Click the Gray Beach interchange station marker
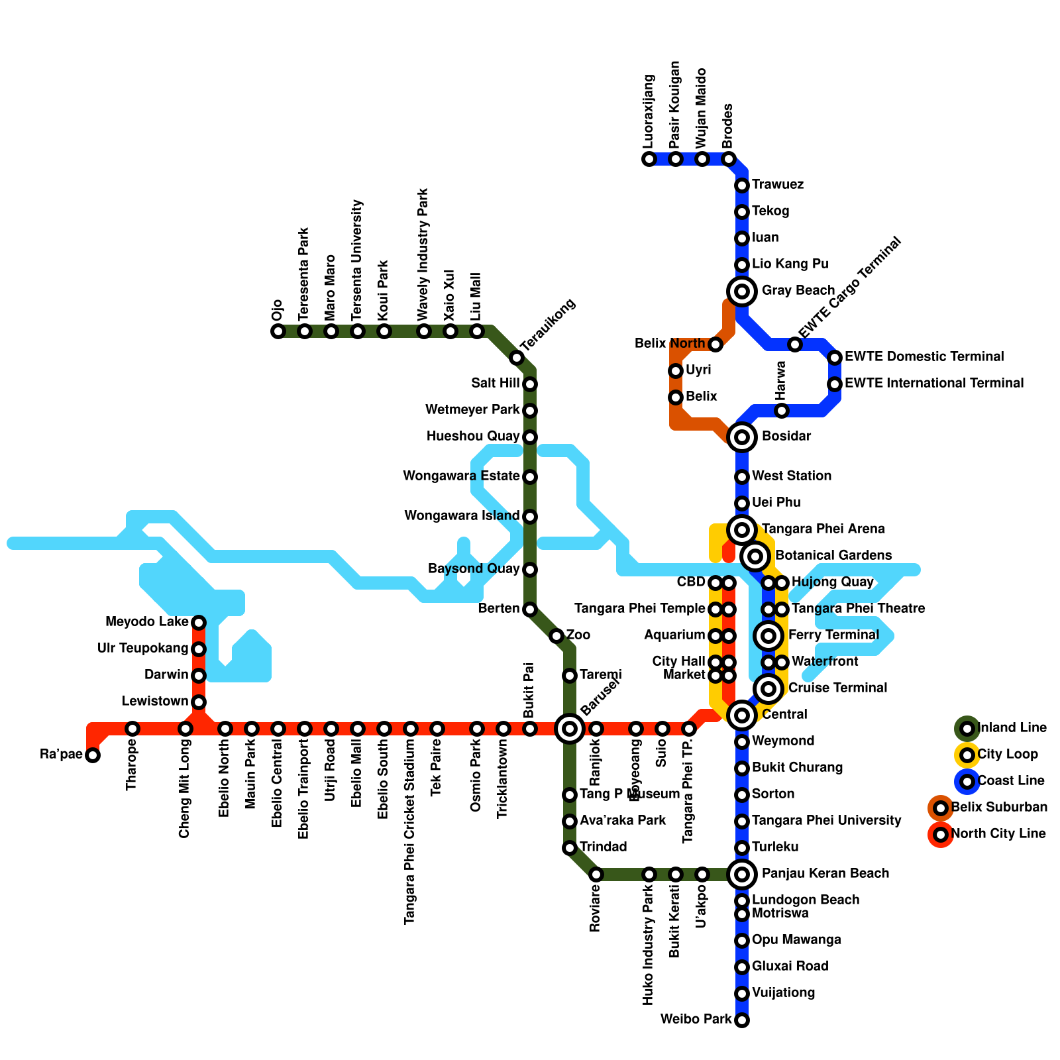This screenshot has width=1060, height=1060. [742, 291]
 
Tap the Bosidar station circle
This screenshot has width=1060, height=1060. [742, 437]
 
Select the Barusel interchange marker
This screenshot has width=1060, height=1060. [570, 729]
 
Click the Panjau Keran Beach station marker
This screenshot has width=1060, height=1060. [742, 874]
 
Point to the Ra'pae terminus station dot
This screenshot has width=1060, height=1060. [93, 755]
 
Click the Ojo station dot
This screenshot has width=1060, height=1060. [278, 331]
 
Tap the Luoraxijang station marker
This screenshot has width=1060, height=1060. [649, 159]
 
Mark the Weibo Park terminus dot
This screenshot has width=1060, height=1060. [742, 1020]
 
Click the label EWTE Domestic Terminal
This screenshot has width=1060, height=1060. [924, 357]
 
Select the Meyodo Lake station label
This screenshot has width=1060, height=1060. [146, 622]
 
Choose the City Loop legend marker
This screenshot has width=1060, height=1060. [967, 755]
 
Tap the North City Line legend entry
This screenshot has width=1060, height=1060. [998, 834]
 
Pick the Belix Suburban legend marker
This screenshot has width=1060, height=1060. [941, 808]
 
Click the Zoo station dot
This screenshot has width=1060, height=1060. [556, 636]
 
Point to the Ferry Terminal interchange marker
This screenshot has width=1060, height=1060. [768, 636]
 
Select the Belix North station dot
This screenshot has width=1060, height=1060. [715, 344]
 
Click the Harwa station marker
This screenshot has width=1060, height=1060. [782, 411]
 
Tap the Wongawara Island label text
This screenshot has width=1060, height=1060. [462, 516]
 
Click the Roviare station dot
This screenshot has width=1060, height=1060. [596, 874]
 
